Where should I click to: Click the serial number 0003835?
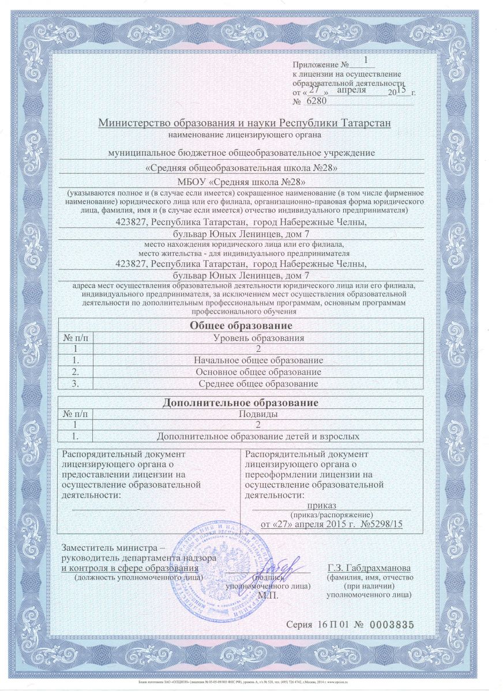392,625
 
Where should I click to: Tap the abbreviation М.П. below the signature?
268,595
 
